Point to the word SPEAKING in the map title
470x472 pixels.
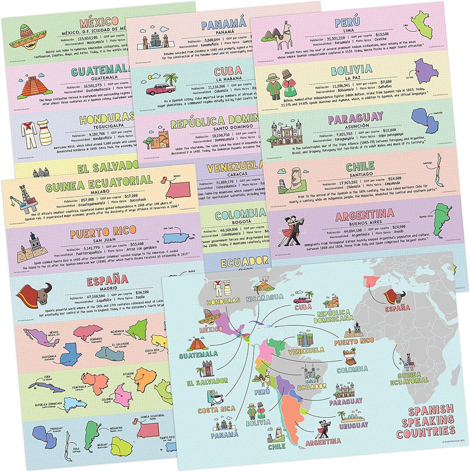point(425,422)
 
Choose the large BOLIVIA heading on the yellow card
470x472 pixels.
point(351,69)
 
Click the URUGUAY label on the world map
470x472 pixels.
point(353,425)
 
